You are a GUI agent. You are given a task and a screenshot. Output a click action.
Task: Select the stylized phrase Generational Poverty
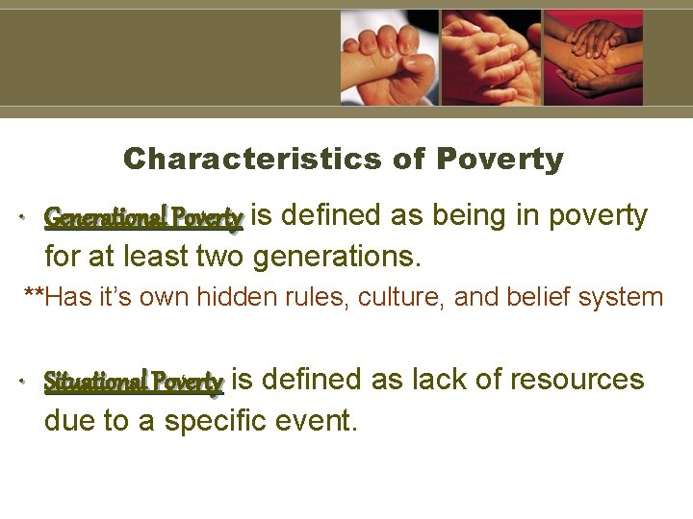[x=143, y=218]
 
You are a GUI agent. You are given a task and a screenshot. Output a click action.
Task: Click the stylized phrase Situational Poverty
[x=134, y=382]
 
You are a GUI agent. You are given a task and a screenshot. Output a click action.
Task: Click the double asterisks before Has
[x=34, y=295]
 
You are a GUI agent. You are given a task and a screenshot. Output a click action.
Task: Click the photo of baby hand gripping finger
[x=389, y=57]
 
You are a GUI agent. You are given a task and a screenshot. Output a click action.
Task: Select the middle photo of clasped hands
[x=491, y=57]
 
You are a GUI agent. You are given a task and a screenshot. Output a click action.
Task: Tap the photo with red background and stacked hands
[x=593, y=57]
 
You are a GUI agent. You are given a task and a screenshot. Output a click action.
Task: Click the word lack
[x=439, y=380]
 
